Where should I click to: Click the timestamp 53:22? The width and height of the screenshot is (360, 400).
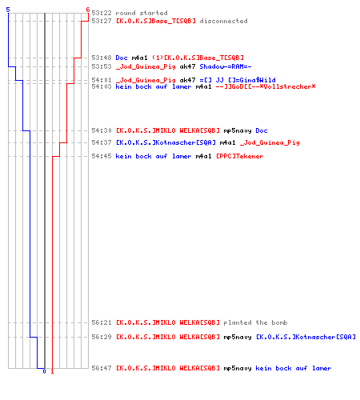point(102,13)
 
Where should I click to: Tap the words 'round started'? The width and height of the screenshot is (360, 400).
point(142,13)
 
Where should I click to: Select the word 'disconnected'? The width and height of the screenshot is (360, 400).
point(223,21)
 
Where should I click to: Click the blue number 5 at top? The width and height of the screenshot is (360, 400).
point(8,10)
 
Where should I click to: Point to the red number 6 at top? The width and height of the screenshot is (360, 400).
point(88,10)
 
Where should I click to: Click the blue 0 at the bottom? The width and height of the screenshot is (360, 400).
point(44,371)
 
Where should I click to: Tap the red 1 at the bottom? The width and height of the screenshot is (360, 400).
point(52,371)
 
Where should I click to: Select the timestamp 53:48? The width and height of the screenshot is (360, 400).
point(102,58)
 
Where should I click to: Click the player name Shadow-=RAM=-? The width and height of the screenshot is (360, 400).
point(226,66)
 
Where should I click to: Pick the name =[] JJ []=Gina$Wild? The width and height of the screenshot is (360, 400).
point(238,80)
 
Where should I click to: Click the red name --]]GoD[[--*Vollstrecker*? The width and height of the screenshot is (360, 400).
point(266,86)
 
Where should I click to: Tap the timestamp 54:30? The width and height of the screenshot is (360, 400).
point(102,130)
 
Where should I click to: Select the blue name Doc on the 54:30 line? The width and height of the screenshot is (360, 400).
point(262,130)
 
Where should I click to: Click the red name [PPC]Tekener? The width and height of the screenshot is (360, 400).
point(239,156)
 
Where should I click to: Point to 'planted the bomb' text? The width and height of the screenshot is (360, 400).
point(255,322)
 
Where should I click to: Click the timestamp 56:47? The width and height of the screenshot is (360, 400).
point(102,368)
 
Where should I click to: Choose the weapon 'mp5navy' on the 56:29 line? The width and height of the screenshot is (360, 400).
point(238,337)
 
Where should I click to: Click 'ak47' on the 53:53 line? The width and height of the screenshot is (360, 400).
point(187,66)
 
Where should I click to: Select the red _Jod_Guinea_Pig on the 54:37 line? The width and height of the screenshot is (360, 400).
point(270,142)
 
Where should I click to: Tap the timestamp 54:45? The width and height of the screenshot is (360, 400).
point(102,156)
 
